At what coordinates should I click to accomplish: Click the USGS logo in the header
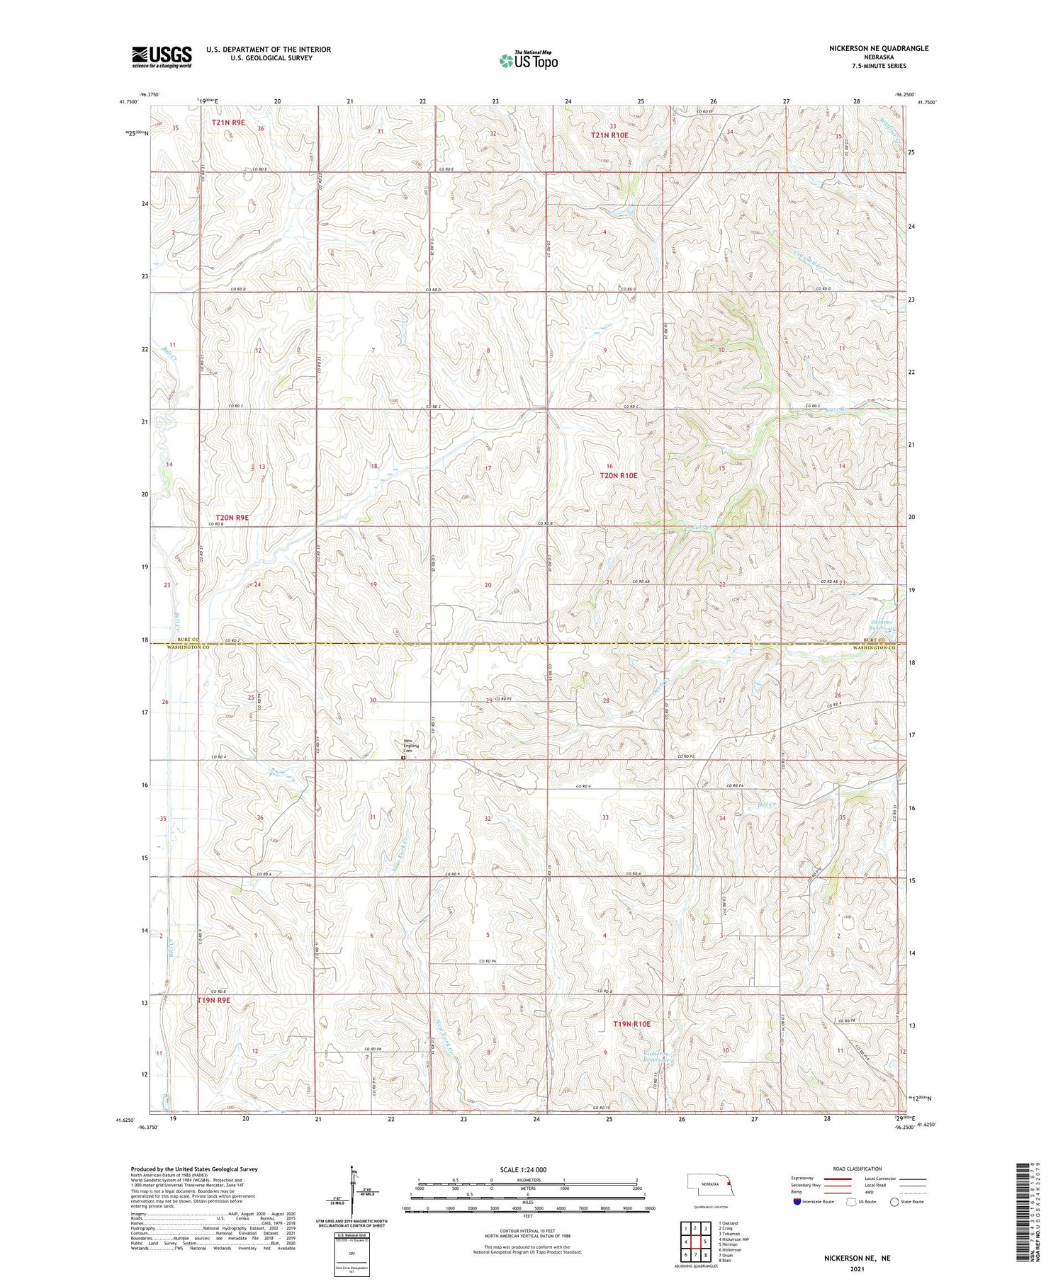[x=162, y=57]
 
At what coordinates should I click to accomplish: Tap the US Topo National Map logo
[x=528, y=60]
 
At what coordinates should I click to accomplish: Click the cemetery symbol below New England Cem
[x=403, y=757]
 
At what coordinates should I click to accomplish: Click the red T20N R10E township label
[x=618, y=476]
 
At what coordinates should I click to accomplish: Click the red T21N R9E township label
[x=227, y=123]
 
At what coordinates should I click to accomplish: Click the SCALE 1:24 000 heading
[x=523, y=1169]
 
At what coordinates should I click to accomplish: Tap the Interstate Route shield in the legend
[x=797, y=1202]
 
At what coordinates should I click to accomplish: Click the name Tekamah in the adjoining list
[x=730, y=1234]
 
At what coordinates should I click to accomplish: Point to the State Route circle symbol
[x=895, y=1202]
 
